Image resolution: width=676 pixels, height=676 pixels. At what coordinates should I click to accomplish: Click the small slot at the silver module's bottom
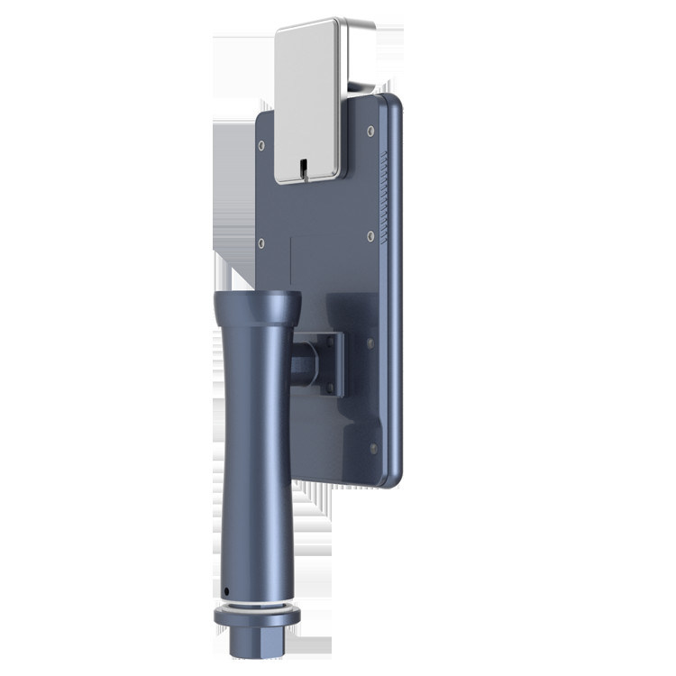coord(304,168)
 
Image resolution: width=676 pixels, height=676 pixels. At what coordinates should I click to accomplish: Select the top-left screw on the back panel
coord(261,144)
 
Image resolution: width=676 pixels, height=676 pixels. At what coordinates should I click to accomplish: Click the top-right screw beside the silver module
coord(370,131)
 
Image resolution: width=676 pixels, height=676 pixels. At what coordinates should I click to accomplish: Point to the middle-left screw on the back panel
coord(261,242)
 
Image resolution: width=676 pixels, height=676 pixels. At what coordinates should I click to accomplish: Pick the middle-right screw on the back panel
coord(370,235)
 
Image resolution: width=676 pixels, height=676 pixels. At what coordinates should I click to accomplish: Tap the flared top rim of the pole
coord(257,301)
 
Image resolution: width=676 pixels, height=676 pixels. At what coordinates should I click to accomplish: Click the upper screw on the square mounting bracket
coord(331,339)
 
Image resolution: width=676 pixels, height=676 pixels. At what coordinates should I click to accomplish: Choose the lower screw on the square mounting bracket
coord(331,388)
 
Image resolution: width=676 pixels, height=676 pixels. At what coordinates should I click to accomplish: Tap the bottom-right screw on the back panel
coord(373,448)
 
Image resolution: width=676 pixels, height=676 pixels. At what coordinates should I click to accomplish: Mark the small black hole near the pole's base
coord(225,592)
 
